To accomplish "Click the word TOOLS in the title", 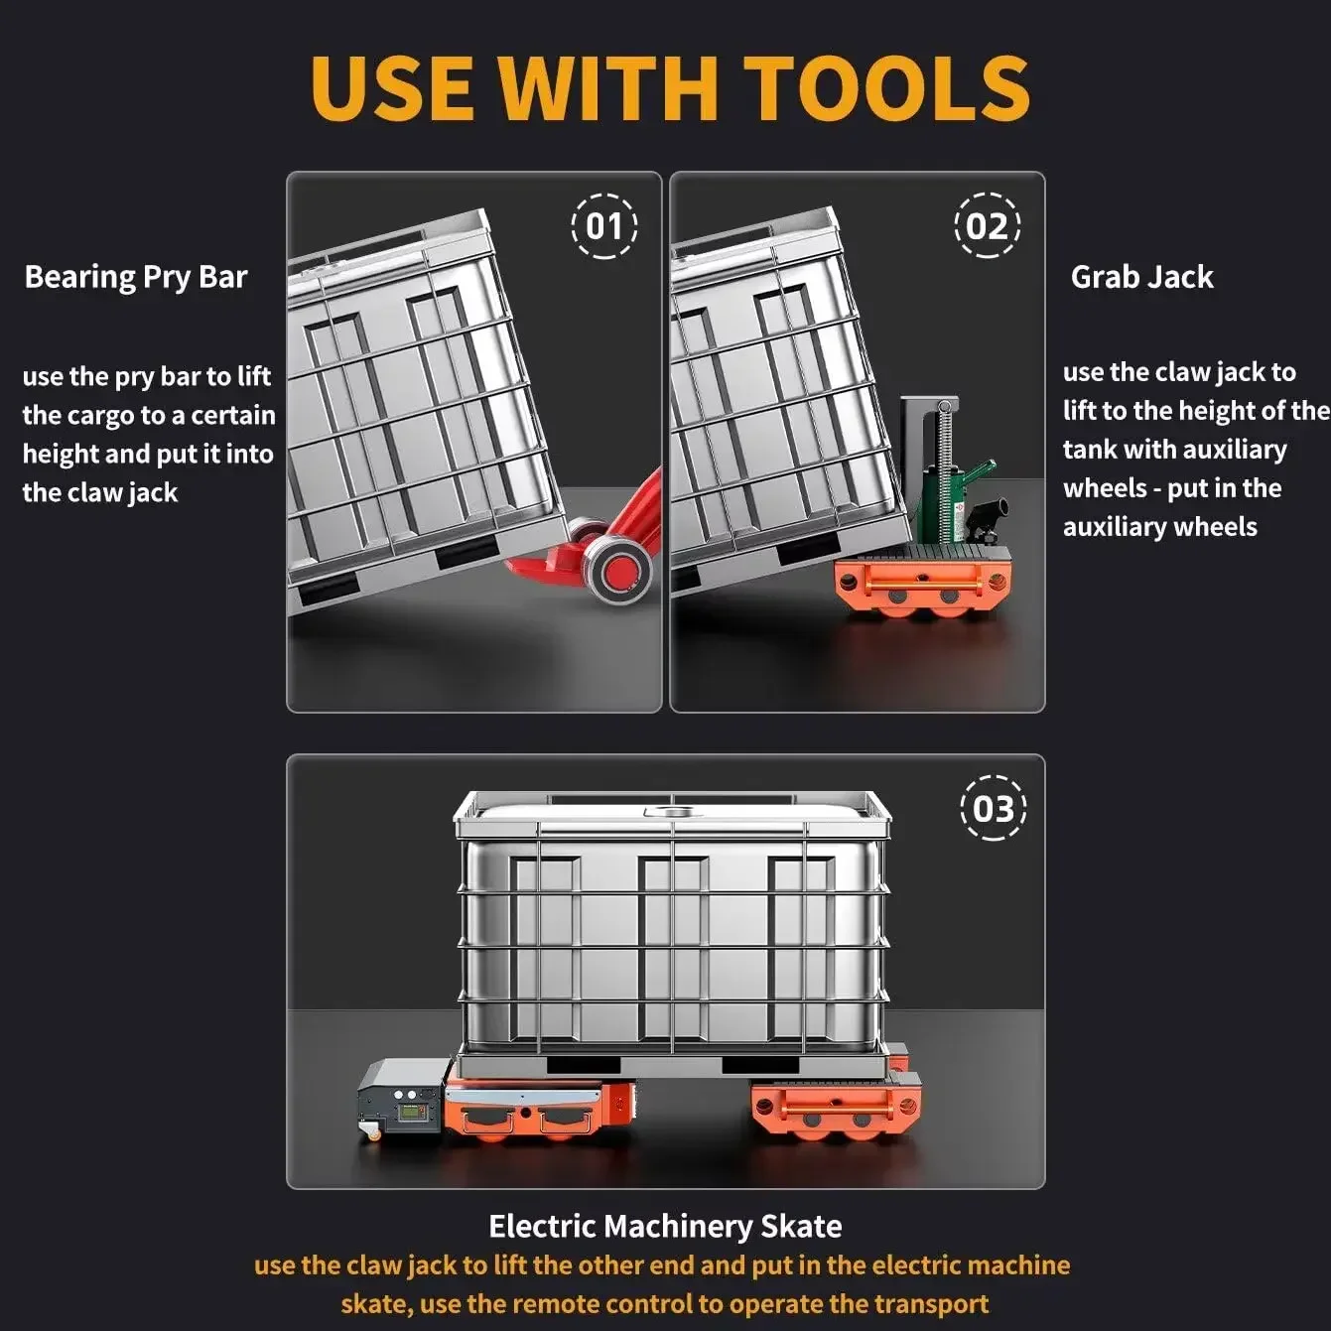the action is pyautogui.click(x=886, y=87).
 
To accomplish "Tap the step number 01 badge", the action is pyautogui.click(x=605, y=226).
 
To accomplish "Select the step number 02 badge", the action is pyautogui.click(x=987, y=225).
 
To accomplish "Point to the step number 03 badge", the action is pyautogui.click(x=994, y=808).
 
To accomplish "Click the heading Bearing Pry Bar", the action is pyautogui.click(x=136, y=277).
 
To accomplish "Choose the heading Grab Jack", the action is pyautogui.click(x=1141, y=277).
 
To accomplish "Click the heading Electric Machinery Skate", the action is pyautogui.click(x=665, y=1227).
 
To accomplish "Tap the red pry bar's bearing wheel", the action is pyautogui.click(x=617, y=571).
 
